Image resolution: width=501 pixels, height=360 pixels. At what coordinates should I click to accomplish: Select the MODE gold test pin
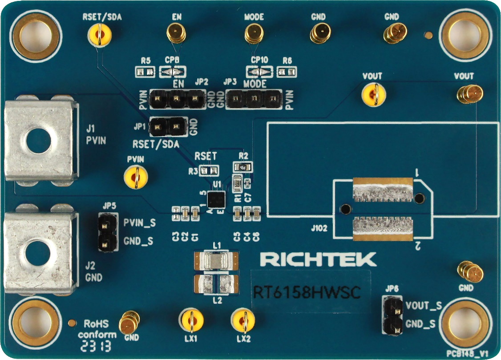[254, 33]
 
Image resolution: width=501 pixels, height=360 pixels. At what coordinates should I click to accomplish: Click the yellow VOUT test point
[373, 94]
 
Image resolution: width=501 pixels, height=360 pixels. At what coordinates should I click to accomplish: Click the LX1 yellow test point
[191, 320]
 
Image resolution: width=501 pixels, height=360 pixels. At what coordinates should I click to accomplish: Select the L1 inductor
[217, 260]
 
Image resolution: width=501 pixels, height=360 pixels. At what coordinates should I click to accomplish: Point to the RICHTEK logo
[318, 259]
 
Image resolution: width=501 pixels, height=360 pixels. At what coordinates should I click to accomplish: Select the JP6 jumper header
[392, 316]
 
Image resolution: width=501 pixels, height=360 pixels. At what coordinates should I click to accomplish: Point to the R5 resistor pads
[145, 71]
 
